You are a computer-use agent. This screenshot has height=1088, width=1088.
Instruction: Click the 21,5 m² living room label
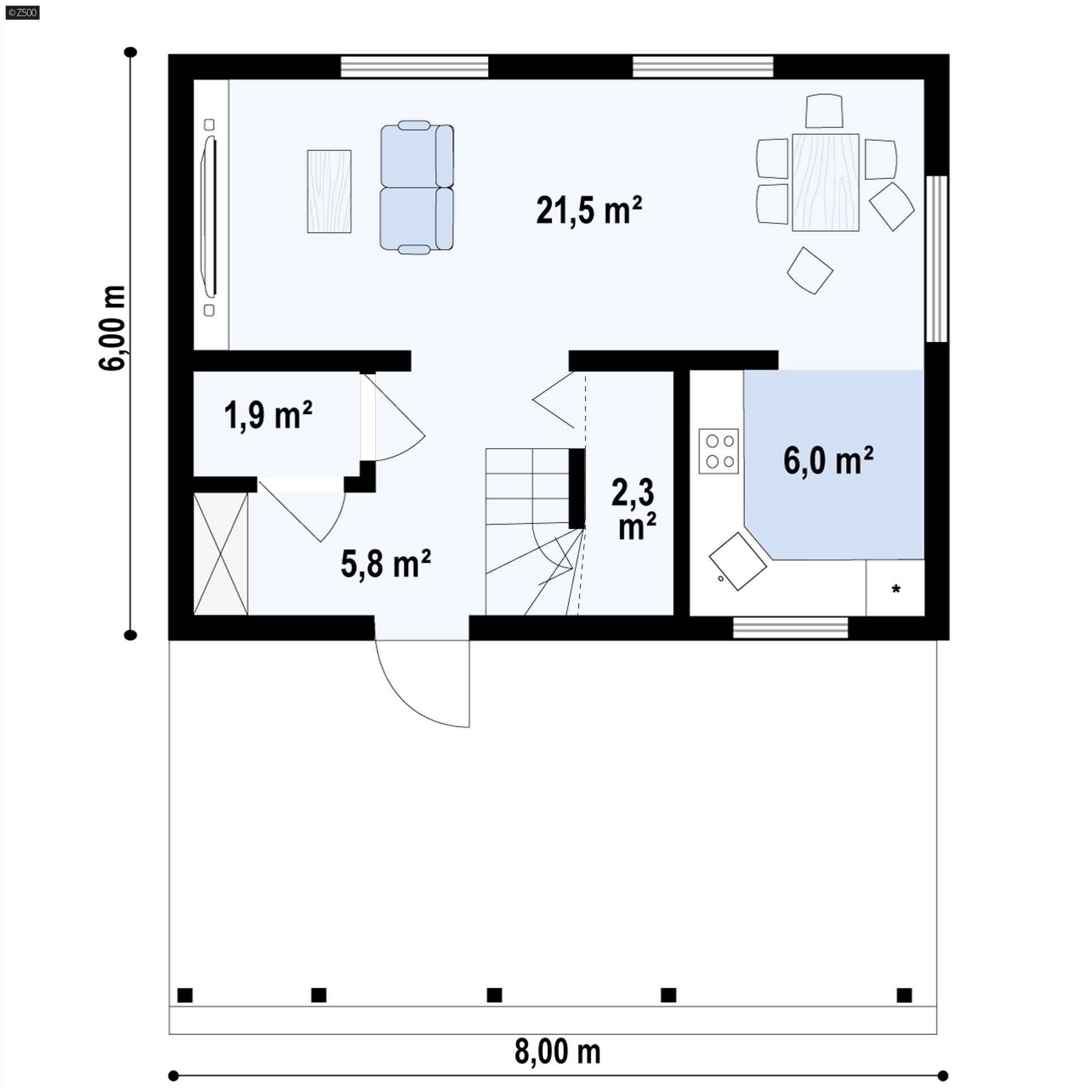[x=589, y=210]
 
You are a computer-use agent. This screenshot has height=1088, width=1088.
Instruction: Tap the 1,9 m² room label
[x=268, y=415]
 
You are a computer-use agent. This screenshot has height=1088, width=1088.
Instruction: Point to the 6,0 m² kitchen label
[x=828, y=460]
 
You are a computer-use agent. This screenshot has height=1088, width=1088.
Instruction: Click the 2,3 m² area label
[x=634, y=509]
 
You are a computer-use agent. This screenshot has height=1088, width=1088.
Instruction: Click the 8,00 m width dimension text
[x=558, y=1052]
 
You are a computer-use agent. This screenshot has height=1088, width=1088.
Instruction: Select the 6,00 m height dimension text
[x=112, y=328]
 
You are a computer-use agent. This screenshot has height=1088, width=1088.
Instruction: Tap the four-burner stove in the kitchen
[x=719, y=451]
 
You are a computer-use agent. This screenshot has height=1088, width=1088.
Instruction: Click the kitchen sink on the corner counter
[x=738, y=561]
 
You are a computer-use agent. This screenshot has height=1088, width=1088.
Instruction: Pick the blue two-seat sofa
[x=416, y=187]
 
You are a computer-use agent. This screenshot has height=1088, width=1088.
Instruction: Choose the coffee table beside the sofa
[x=329, y=192]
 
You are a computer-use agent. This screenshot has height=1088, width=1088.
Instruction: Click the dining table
[x=826, y=182]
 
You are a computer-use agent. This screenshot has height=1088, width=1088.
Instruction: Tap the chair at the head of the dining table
[x=824, y=111]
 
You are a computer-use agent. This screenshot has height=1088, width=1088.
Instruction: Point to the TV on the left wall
[x=210, y=217]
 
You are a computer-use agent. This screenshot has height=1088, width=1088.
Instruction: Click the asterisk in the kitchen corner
[x=896, y=589]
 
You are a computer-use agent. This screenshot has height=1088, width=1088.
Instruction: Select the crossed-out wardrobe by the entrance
[x=221, y=554]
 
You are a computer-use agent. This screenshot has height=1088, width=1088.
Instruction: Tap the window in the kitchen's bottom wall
[x=790, y=627]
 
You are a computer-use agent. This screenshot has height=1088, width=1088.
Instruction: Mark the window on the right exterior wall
[x=937, y=259]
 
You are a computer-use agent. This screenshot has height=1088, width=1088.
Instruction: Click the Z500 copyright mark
[x=23, y=12]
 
